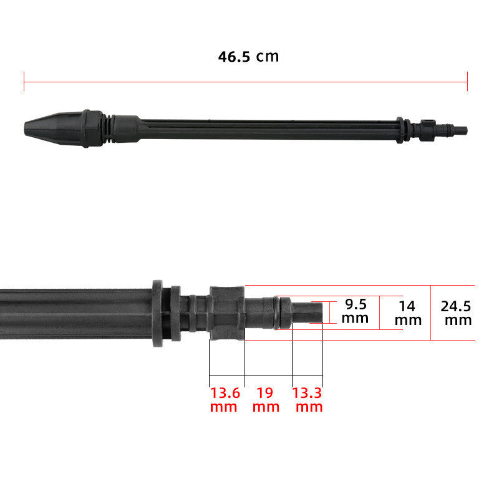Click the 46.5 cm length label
(248, 57)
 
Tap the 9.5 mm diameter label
(356, 311)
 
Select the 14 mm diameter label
(408, 312)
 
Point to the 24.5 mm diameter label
(456, 313)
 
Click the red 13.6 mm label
(224, 400)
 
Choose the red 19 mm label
(266, 400)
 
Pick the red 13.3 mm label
(308, 400)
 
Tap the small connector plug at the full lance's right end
(458, 130)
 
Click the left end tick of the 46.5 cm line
(24, 81)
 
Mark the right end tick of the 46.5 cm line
(467, 81)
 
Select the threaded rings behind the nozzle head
(108, 128)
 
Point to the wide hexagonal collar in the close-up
(226, 313)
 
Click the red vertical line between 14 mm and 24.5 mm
(430, 312)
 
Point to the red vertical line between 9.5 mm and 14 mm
(379, 312)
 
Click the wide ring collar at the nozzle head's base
(92, 128)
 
